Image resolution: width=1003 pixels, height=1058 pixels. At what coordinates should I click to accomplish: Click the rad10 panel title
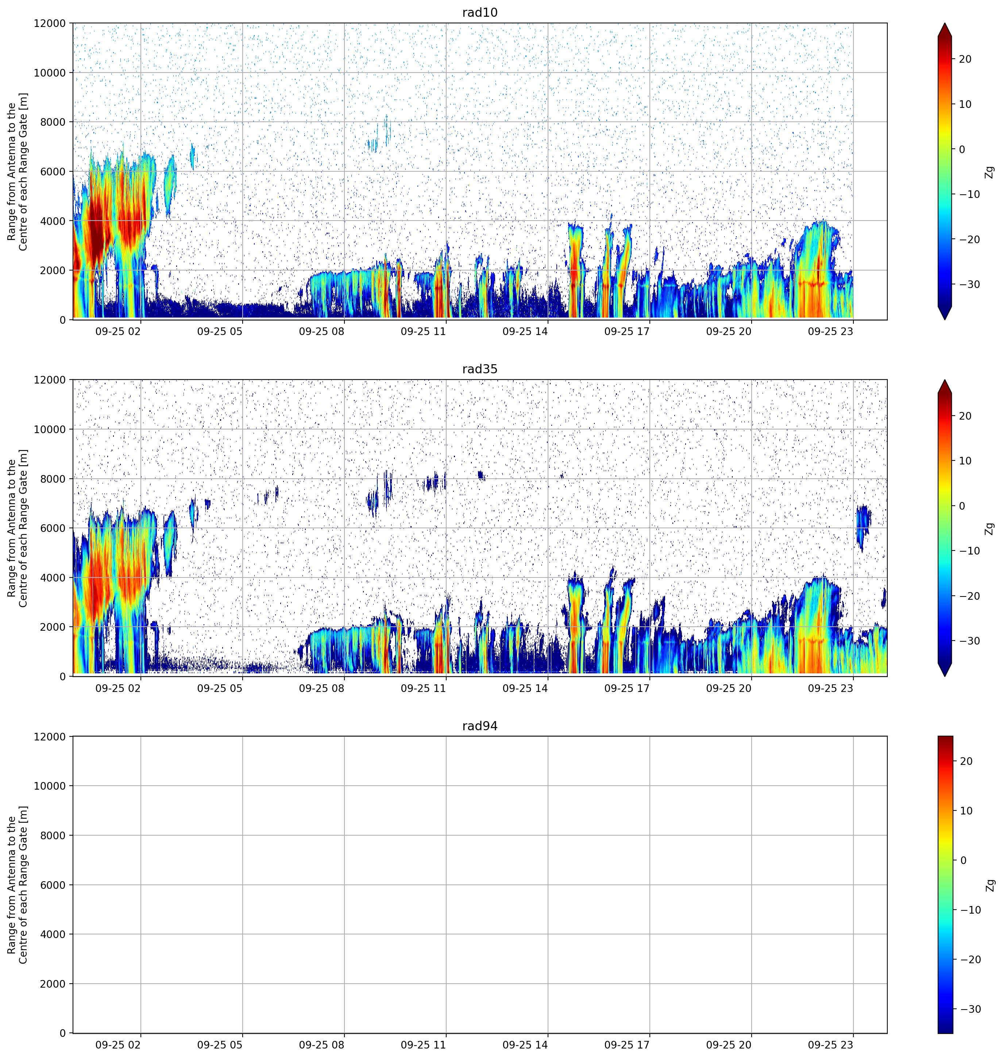[x=479, y=12]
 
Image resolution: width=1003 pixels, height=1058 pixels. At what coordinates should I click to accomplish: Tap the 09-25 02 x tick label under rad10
[x=118, y=331]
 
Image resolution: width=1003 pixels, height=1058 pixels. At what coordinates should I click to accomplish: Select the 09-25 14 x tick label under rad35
[x=525, y=688]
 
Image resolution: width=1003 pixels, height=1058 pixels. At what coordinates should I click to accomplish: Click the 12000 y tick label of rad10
[x=50, y=23]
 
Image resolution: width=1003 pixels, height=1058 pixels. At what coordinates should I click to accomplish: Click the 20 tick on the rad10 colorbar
[x=965, y=59]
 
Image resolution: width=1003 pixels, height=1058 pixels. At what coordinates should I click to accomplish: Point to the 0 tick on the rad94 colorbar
[x=964, y=860]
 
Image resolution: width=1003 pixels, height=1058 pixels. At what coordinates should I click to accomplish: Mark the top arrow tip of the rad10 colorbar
[x=945, y=23]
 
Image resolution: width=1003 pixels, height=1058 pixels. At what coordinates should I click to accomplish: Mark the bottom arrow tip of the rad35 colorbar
[x=945, y=677]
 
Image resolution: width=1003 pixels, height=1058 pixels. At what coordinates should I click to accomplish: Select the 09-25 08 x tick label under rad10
[x=321, y=331]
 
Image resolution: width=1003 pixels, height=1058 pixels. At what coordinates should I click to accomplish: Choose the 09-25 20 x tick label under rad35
[x=729, y=688]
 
